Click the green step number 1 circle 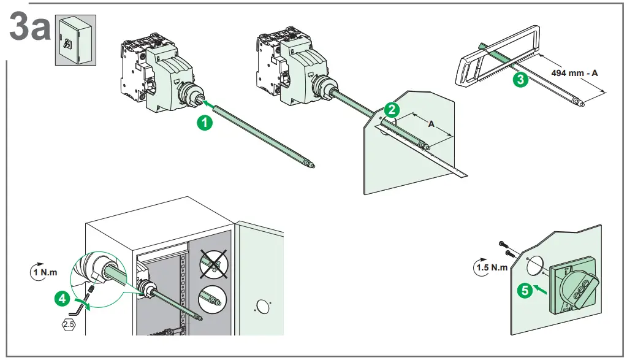click(205, 123)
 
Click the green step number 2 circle click(391, 110)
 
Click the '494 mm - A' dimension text click(574, 73)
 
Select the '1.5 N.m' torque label click(492, 267)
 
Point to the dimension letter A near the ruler click(430, 124)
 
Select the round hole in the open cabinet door click(262, 304)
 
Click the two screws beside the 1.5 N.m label click(505, 248)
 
